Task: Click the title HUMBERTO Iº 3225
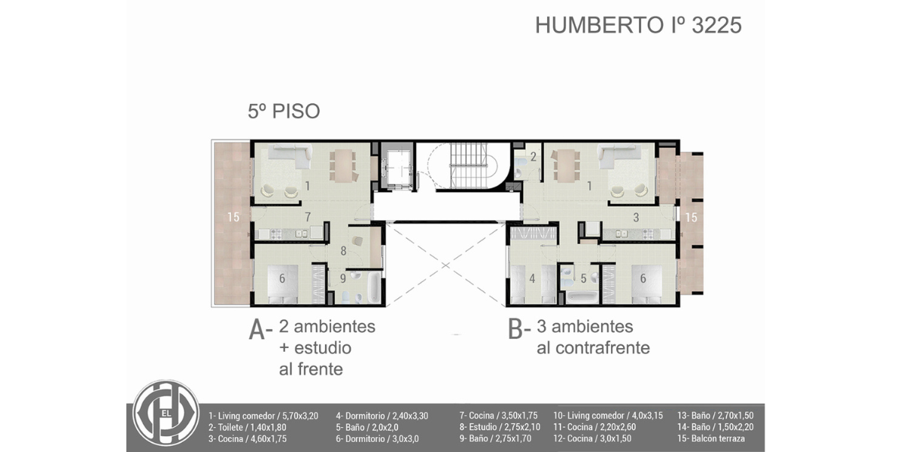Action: (639, 25)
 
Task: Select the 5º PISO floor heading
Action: (284, 111)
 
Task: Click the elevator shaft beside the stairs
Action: (397, 166)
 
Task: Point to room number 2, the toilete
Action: (534, 157)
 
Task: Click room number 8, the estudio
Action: (343, 251)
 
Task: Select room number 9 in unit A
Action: (342, 279)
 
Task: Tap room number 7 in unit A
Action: (308, 217)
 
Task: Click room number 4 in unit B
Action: (532, 279)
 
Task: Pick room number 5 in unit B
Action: (583, 278)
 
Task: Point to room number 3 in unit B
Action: (636, 218)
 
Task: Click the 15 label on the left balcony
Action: (233, 217)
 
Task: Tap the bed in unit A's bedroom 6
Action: (283, 284)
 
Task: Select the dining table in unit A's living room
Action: (342, 166)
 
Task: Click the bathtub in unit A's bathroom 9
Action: (374, 287)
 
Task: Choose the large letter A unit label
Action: (257, 330)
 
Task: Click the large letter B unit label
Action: (515, 329)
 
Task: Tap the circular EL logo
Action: (166, 413)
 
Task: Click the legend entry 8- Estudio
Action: (500, 427)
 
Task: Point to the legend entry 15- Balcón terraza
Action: (711, 438)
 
